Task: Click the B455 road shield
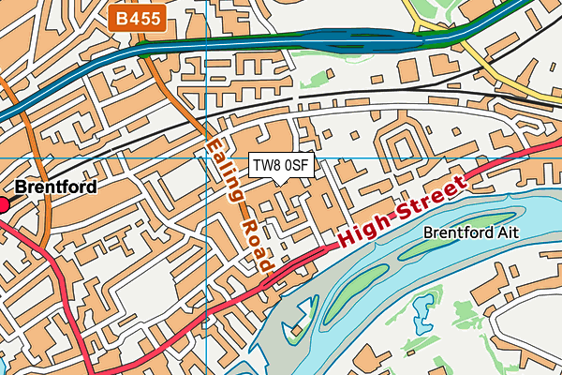click(x=138, y=18)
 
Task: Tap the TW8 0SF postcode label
click(x=281, y=165)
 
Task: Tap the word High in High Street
click(x=362, y=229)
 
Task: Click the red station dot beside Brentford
click(x=3, y=203)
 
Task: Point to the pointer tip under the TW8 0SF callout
click(x=281, y=181)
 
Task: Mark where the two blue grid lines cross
click(x=206, y=157)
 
